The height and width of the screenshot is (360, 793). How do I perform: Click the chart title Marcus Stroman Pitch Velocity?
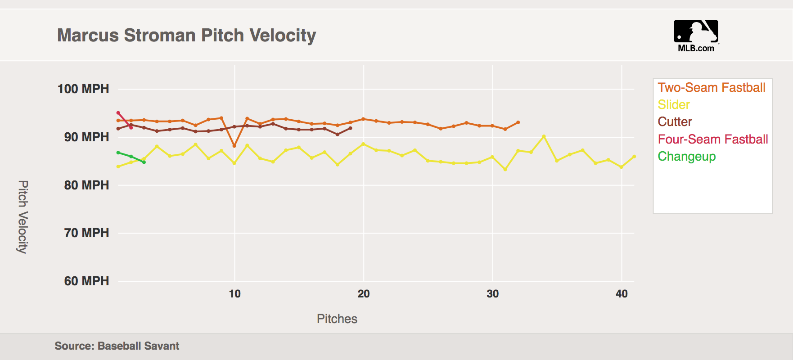pos(186,35)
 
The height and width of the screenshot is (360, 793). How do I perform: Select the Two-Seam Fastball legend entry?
pos(711,87)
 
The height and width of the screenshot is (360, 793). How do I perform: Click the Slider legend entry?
pos(673,104)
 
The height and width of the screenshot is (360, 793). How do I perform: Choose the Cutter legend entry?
pos(675,121)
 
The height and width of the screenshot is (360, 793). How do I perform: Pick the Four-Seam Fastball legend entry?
pos(712,139)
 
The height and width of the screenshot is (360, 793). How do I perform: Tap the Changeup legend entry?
pos(686,156)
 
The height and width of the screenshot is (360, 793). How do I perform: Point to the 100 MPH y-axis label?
pos(83,89)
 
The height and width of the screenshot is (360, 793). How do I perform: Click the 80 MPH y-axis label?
pos(86,185)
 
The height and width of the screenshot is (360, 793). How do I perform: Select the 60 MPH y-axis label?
pos(86,281)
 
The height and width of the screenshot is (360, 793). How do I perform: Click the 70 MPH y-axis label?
pos(86,233)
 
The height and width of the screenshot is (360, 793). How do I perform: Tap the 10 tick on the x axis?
pos(234,294)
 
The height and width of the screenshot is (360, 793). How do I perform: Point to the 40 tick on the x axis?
pos(622,294)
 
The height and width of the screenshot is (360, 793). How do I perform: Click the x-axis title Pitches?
pos(337,319)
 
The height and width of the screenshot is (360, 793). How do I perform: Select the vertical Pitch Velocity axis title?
pos(23,217)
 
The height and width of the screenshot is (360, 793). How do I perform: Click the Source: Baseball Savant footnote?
pos(117,346)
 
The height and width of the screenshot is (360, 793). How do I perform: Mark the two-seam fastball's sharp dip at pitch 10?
pos(234,146)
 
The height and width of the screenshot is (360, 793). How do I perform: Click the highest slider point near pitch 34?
pos(544,136)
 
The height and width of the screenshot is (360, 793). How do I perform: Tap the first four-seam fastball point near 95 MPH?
pos(118,113)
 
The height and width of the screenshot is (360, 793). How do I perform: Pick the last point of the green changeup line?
pos(144,162)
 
